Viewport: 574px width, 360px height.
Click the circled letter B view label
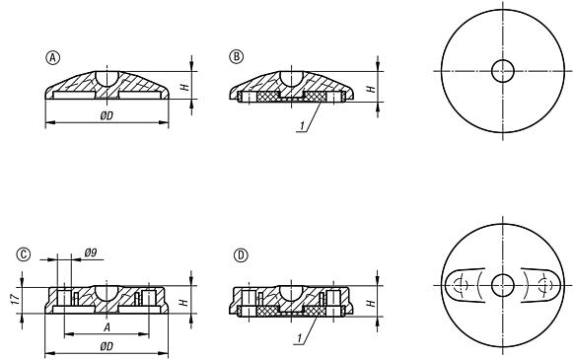pyautogui.click(x=236, y=55)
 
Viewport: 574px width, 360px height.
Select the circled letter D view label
pyautogui.click(x=241, y=254)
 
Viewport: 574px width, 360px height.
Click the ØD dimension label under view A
pyautogui.click(x=106, y=116)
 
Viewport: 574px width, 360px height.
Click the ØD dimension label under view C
pyautogui.click(x=106, y=346)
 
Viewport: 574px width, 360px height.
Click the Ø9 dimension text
pyautogui.click(x=90, y=253)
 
